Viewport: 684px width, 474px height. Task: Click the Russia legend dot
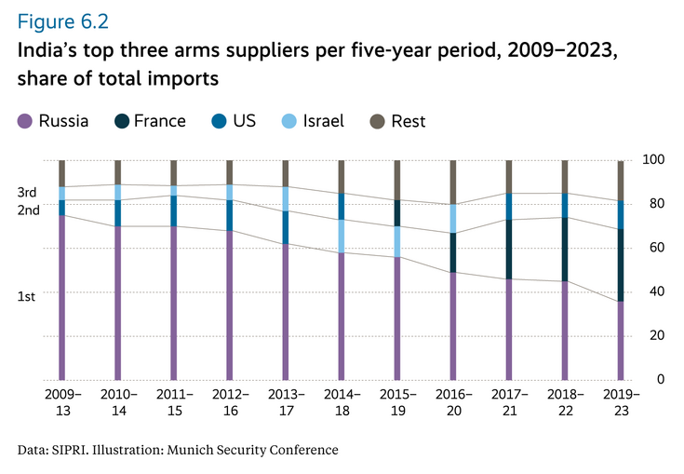click(25, 121)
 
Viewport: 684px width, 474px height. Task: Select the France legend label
click(159, 121)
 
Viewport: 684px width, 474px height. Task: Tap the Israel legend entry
click(323, 121)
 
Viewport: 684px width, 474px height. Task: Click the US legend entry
click(244, 121)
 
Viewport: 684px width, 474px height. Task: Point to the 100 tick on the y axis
click(655, 160)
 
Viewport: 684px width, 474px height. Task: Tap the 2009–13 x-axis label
click(62, 402)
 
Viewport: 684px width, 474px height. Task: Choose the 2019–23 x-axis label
click(621, 402)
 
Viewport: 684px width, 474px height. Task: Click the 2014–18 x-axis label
click(342, 402)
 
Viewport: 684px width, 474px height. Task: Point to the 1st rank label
click(27, 296)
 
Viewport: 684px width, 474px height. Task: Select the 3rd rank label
click(27, 192)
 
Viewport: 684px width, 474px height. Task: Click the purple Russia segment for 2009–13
click(62, 298)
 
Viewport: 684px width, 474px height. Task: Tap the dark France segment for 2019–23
click(621, 264)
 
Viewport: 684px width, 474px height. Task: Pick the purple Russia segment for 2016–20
click(453, 326)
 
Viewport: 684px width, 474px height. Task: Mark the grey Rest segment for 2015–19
click(397, 180)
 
